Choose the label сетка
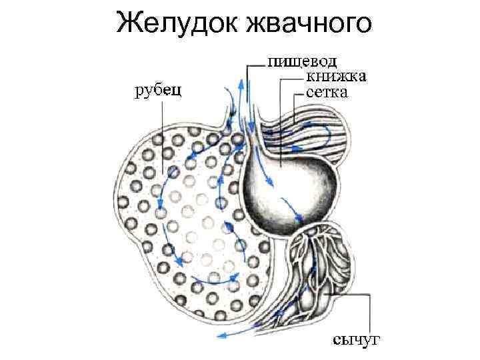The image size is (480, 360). click(x=327, y=92)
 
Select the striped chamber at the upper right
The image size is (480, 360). click(x=307, y=137)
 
